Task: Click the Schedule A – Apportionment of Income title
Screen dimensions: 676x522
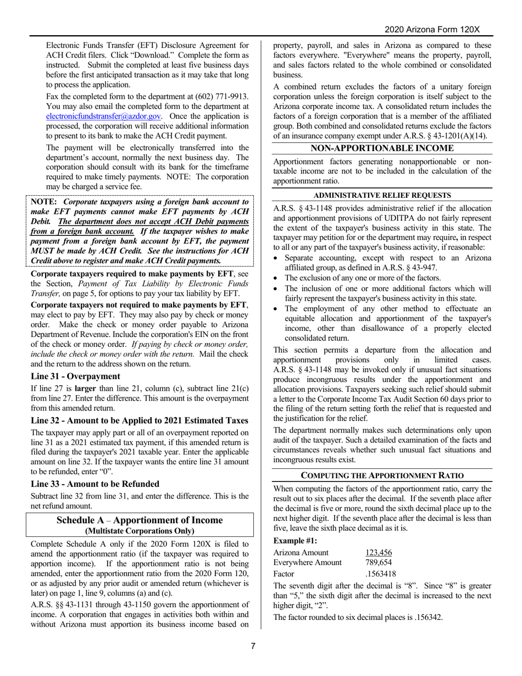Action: (140, 520)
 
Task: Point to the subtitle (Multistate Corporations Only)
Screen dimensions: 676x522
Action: (140, 531)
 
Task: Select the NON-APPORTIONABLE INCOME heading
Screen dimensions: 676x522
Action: (382, 148)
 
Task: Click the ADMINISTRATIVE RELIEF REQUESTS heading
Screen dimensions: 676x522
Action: (382, 195)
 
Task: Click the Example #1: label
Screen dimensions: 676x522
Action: (295, 540)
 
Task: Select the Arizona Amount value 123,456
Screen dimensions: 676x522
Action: (378, 552)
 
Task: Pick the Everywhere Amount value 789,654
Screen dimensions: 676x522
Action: (378, 562)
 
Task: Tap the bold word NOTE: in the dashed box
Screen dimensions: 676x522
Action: (45, 202)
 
